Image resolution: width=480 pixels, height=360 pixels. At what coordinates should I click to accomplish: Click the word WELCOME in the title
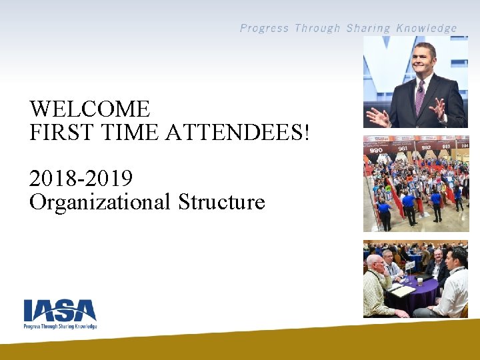[x=90, y=109]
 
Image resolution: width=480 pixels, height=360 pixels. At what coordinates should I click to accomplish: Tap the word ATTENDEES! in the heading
[x=237, y=132]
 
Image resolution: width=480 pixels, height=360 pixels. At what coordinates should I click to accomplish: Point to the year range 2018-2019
[x=81, y=179]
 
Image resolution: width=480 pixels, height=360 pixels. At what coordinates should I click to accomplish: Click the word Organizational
[x=100, y=201]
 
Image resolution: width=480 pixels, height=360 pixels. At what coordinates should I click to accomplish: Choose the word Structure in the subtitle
[x=221, y=201]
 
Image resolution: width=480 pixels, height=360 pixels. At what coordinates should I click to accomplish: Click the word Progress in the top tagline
[x=264, y=28]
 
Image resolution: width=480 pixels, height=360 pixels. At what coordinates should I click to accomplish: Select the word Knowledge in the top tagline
[x=427, y=28]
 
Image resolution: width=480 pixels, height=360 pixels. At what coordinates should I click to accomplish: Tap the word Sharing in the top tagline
[x=368, y=28]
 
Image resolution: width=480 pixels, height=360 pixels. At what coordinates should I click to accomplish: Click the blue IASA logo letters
[x=60, y=311]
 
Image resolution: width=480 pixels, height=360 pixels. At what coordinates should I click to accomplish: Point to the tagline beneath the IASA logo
[x=60, y=326]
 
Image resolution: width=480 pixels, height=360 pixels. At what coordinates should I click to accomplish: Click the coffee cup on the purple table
[x=419, y=281]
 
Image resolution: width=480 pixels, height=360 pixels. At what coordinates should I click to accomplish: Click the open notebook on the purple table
[x=402, y=291]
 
